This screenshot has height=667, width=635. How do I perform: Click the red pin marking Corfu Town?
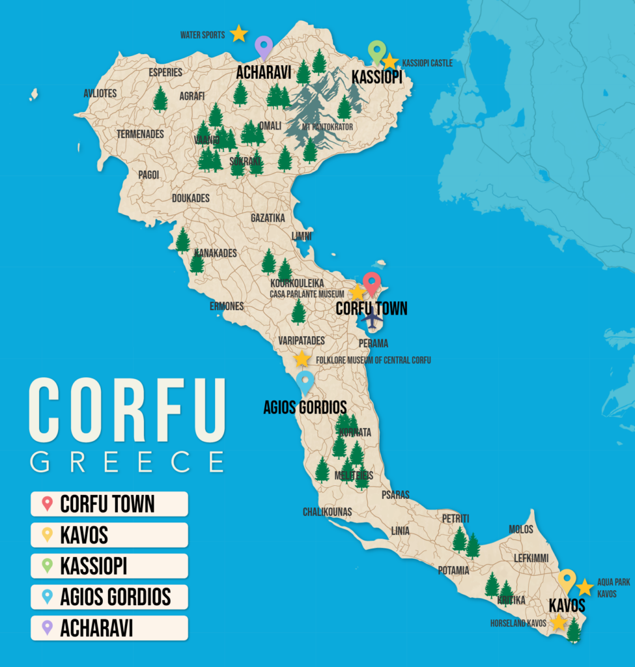(372, 283)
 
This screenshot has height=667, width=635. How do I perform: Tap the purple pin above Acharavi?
(263, 47)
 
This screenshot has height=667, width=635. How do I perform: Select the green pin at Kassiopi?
(376, 51)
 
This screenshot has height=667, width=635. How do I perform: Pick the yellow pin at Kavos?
(567, 580)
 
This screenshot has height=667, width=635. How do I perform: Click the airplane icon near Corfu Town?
(372, 319)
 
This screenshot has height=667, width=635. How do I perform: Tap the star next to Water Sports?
(239, 33)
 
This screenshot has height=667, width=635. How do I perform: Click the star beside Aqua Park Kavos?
(584, 588)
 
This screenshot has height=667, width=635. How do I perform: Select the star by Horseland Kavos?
(558, 623)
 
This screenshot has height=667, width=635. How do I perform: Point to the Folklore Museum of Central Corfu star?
(302, 359)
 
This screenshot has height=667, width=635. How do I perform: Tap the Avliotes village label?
(100, 93)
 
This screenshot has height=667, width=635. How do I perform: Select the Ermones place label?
(227, 306)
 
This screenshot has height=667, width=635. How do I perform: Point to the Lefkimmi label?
(531, 558)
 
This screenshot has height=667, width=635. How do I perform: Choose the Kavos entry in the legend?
(109, 535)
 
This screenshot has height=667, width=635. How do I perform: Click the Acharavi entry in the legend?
(109, 628)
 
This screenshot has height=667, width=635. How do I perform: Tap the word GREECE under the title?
(127, 461)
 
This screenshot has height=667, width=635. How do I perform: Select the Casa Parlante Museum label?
(307, 294)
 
